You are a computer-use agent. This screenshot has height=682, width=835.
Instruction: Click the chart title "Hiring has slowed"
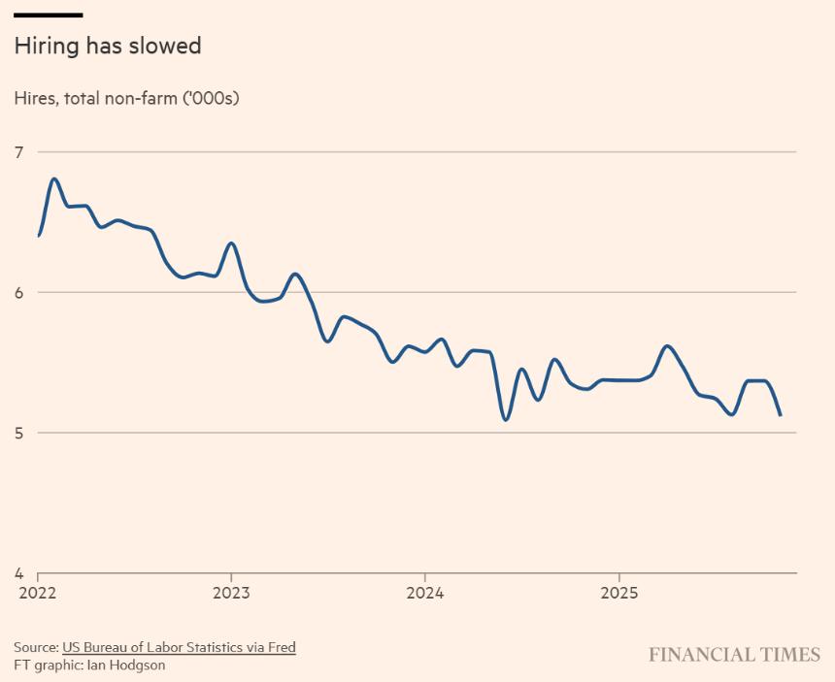107,46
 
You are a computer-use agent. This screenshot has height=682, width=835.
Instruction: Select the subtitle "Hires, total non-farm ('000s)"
126,98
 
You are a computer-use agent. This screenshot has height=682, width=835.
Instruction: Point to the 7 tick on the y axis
17,151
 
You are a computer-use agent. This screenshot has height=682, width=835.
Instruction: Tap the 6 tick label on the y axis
17,292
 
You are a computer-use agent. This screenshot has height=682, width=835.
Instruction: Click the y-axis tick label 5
17,433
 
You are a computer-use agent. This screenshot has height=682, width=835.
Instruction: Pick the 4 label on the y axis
17,573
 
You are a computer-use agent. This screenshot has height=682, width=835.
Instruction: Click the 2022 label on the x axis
36,591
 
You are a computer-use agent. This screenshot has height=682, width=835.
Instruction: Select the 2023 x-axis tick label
230,591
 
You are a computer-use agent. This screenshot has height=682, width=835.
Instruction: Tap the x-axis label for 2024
425,591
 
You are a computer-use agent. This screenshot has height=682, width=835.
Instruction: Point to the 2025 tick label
619,591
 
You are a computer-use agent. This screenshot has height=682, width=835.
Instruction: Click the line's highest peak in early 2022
54,179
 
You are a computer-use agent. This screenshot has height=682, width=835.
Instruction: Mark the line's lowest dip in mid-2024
506,420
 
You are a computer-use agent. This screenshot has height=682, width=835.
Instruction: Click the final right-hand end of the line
781,415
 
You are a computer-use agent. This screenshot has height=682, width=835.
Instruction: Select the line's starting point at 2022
39,236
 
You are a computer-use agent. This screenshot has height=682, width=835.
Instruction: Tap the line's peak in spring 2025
667,345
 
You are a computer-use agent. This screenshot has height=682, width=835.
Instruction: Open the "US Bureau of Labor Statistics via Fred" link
179,647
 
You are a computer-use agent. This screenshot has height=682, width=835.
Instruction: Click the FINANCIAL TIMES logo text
734,655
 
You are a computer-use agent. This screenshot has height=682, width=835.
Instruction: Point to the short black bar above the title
48,15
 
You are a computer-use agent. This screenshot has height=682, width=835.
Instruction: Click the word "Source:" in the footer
36,647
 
